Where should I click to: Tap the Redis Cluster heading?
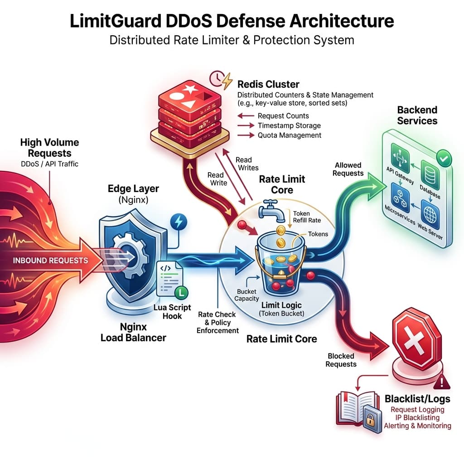click(268, 84)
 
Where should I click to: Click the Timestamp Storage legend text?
click(289, 126)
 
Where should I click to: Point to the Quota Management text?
click(289, 135)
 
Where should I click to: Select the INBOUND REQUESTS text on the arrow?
click(50, 260)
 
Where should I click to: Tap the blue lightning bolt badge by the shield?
click(178, 222)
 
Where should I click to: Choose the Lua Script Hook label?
click(172, 311)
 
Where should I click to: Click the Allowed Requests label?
click(348, 169)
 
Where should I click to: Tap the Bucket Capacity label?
click(246, 295)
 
